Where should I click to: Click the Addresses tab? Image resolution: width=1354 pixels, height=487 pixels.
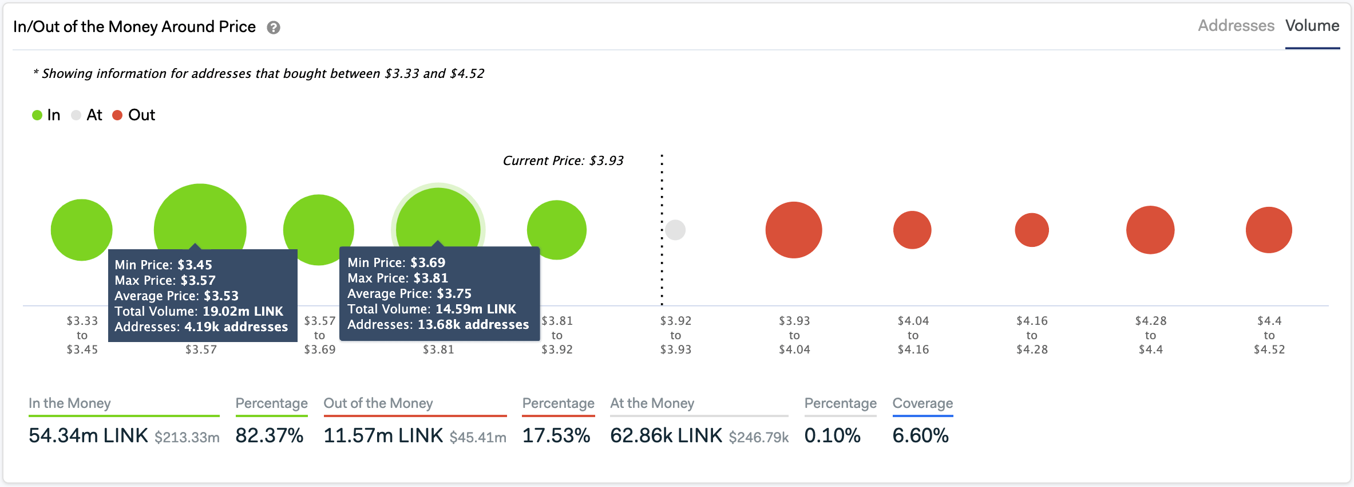(x=1236, y=26)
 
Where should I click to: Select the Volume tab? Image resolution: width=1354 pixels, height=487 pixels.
(x=1312, y=26)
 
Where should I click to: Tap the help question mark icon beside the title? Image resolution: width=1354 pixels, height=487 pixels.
(x=274, y=28)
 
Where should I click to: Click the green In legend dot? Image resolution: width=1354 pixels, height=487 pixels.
(x=37, y=115)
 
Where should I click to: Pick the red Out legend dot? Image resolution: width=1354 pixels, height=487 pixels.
(x=117, y=115)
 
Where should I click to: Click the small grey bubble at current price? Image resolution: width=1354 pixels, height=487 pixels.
(x=675, y=230)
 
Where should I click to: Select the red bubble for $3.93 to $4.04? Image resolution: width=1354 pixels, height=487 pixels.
(x=794, y=230)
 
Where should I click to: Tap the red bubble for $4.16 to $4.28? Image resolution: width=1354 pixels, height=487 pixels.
(x=1031, y=230)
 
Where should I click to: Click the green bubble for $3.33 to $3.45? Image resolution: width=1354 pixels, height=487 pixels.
(x=81, y=230)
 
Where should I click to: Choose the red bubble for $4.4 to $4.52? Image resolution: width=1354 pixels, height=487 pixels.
(x=1269, y=230)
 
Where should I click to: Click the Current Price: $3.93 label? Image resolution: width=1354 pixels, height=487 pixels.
(x=563, y=161)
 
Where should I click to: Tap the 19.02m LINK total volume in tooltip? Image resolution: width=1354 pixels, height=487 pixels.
(x=243, y=312)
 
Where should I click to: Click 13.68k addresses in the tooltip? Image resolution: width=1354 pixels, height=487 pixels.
(x=473, y=325)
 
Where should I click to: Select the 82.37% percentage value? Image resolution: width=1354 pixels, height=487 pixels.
(x=269, y=436)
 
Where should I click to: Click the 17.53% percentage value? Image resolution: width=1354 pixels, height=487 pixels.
(x=556, y=436)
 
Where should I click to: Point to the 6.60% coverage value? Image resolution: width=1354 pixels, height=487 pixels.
(x=920, y=436)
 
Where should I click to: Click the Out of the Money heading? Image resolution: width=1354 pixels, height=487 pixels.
(x=378, y=403)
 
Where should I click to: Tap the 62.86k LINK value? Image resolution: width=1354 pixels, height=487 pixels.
(x=666, y=436)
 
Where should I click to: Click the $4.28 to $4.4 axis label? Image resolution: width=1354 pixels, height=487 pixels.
(x=1150, y=335)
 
